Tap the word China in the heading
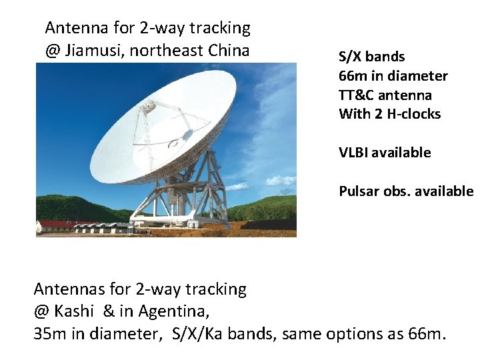(x=229, y=50)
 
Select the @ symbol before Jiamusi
(x=52, y=51)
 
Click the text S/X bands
(x=371, y=57)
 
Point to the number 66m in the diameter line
(x=353, y=76)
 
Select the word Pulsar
(x=359, y=191)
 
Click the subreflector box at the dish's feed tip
(x=148, y=107)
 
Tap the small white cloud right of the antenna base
(x=281, y=181)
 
